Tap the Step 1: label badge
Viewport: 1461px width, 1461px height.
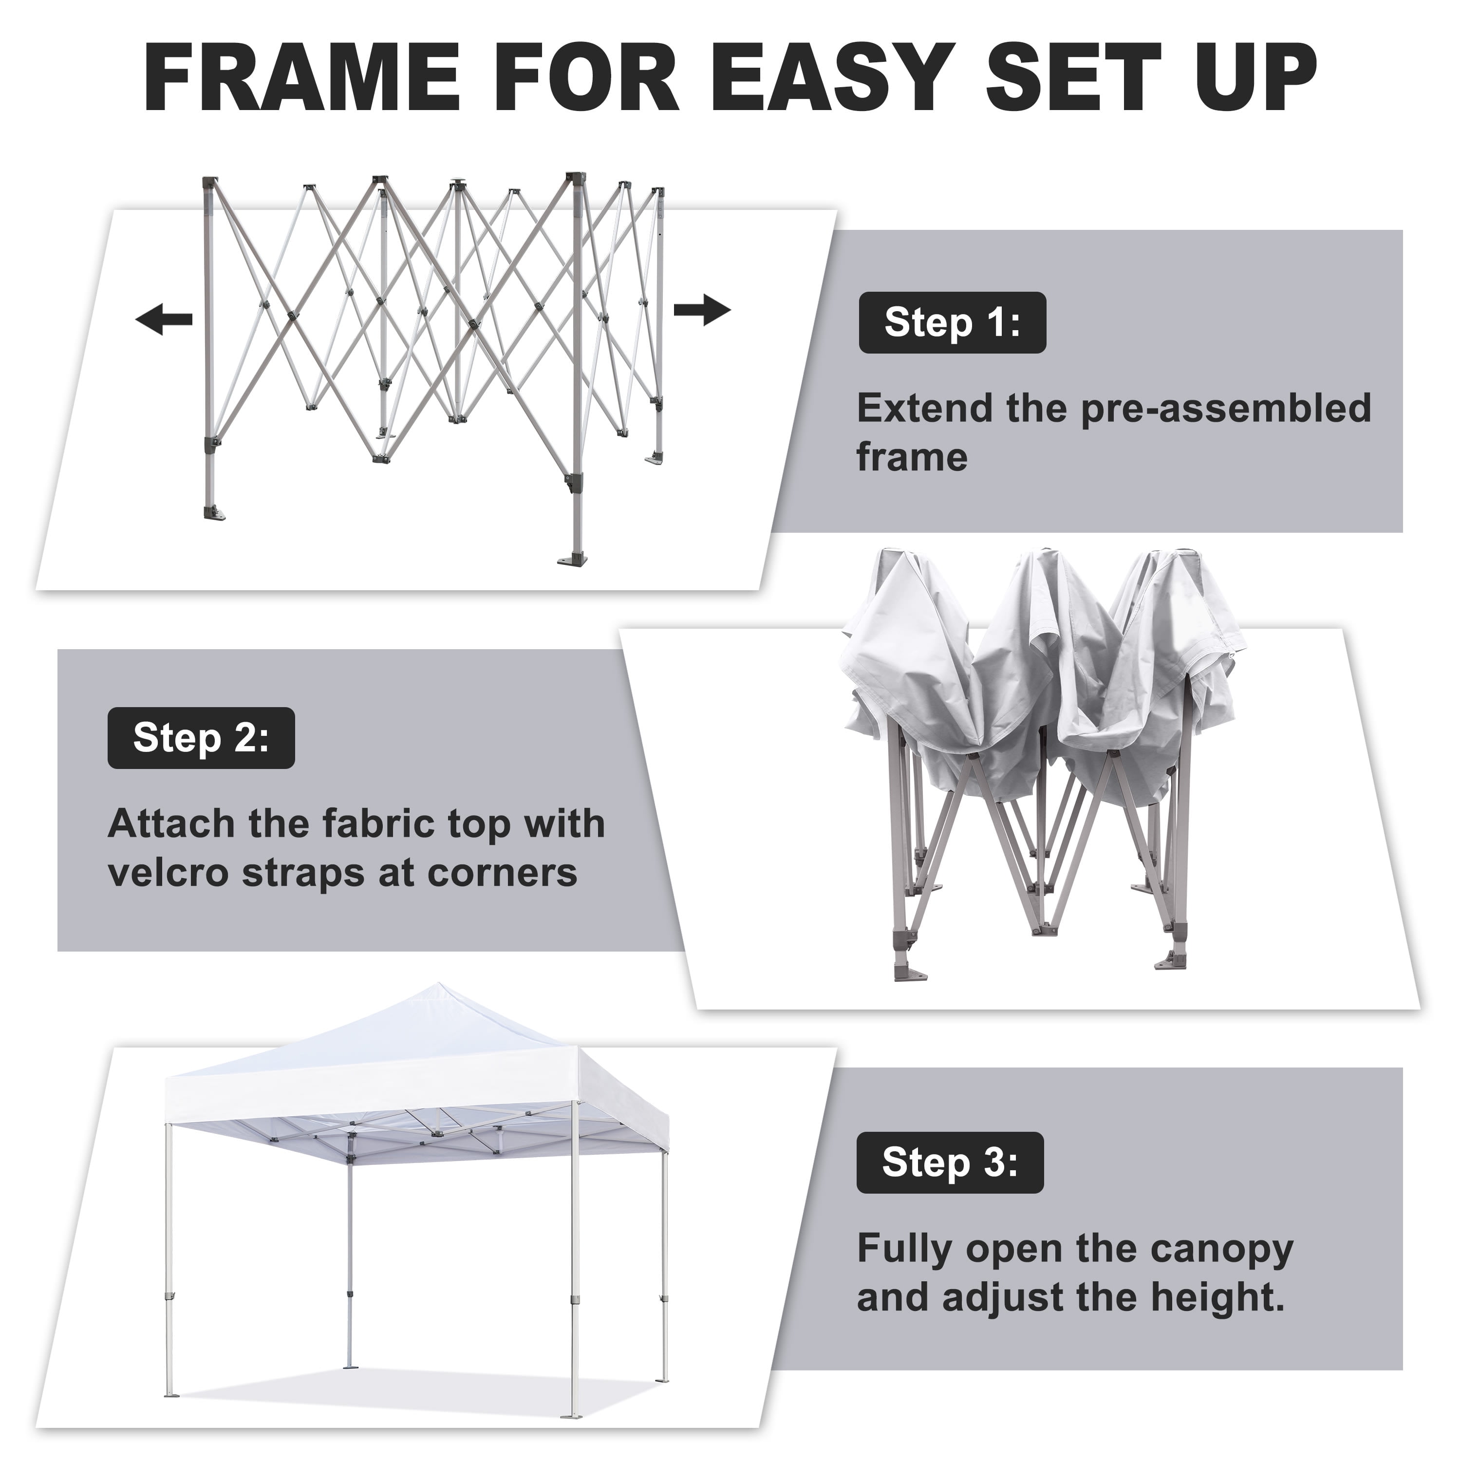(952, 323)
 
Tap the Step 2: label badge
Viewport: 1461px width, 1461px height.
(201, 738)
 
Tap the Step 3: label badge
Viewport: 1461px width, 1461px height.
(950, 1162)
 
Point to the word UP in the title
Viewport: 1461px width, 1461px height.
(1256, 78)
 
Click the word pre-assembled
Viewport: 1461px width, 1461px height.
(1226, 409)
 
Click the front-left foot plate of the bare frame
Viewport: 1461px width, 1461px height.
(214, 514)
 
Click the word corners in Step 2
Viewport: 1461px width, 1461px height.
(502, 873)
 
